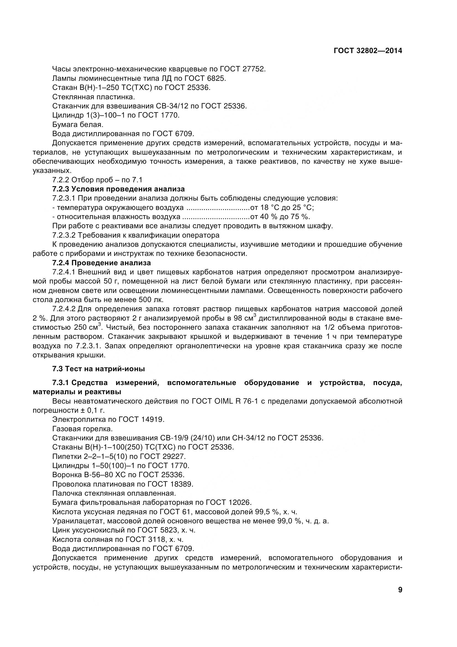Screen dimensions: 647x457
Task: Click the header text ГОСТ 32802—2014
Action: [368, 51]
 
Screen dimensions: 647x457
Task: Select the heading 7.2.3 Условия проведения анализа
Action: [119, 189]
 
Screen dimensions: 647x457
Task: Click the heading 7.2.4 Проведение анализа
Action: [102, 263]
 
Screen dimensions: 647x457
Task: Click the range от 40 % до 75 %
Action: [280, 217]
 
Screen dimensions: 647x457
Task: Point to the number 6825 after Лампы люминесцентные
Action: [216, 78]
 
